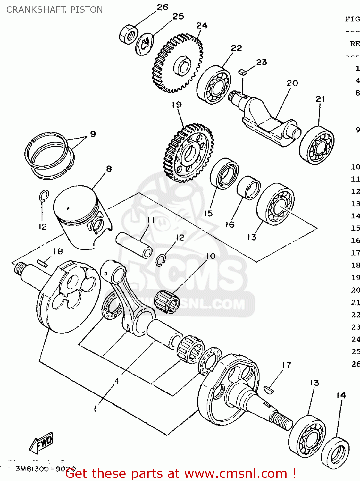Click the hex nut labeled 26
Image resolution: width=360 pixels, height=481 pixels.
point(129,34)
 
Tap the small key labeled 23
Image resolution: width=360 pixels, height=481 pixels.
point(242,72)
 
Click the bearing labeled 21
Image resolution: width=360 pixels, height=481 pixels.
point(317,145)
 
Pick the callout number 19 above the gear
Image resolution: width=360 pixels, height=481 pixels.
point(176,105)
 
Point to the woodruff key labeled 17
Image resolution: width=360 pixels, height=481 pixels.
point(268,390)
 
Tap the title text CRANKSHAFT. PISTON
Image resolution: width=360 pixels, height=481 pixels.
point(54,10)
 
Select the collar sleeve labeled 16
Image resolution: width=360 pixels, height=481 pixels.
point(249,188)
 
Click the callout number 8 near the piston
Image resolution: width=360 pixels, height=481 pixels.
point(109,169)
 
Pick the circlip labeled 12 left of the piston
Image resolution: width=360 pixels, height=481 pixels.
point(44,196)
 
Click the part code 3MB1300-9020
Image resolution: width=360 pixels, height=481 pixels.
point(46,469)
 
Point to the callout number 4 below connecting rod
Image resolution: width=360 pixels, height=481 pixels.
point(117,381)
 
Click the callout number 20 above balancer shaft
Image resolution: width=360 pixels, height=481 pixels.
point(292,83)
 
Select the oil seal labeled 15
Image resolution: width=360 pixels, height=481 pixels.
point(224,173)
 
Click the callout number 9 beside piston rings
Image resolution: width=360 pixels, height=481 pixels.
point(93,134)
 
